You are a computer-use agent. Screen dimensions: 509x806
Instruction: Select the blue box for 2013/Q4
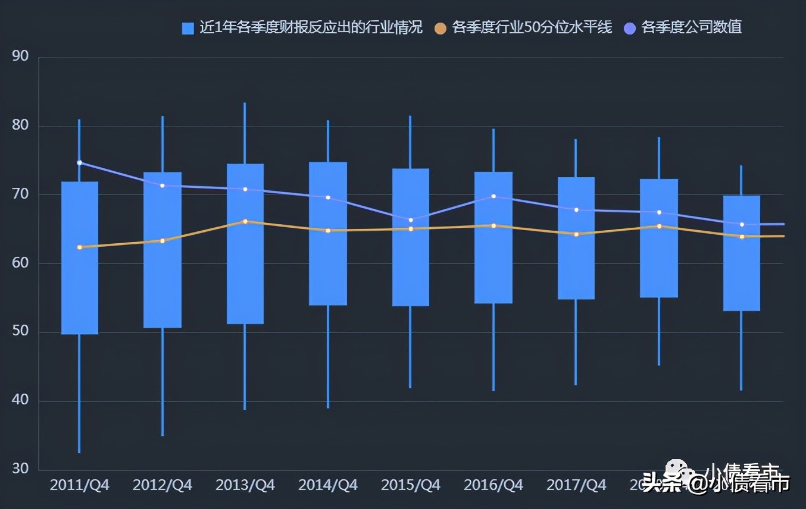point(245,274)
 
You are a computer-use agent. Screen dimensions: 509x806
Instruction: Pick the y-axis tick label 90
point(20,56)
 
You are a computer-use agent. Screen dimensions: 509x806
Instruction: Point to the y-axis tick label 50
point(20,332)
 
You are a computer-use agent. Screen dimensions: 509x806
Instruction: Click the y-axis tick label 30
point(20,469)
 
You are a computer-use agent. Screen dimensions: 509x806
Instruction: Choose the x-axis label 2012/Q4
point(163,485)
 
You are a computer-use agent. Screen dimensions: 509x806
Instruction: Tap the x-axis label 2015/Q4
point(411,485)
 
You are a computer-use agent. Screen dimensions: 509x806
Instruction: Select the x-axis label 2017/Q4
point(576,485)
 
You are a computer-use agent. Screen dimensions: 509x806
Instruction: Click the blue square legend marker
point(188,28)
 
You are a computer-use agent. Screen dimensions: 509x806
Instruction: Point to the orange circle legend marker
point(441,28)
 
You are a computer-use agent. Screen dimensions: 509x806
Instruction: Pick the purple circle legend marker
point(630,28)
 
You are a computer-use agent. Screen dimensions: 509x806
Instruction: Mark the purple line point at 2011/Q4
point(80,162)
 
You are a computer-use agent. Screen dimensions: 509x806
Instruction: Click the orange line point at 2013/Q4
point(245,221)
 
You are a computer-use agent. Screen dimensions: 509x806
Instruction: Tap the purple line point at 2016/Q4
point(493,196)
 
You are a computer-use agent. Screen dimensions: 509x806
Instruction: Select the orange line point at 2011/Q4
point(80,247)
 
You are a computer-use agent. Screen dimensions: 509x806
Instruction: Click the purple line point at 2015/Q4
point(411,220)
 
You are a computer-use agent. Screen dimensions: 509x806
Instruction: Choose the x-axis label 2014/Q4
point(328,485)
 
